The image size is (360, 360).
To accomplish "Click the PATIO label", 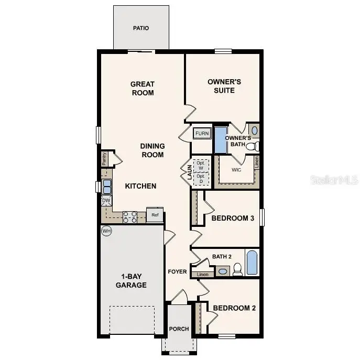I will click(141, 28).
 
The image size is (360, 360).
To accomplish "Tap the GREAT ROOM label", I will click(142, 88).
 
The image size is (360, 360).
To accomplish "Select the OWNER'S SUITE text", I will click(224, 86).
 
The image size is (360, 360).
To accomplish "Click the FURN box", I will click(202, 134).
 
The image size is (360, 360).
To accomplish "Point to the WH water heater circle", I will click(106, 231).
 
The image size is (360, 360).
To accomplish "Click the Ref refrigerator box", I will click(155, 215).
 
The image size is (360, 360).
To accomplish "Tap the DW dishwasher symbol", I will click(106, 200).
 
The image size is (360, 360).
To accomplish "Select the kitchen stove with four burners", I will click(130, 217).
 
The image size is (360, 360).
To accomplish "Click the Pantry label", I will click(105, 159).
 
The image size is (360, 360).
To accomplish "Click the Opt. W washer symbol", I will click(200, 165).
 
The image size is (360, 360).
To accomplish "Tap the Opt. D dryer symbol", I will click(200, 179).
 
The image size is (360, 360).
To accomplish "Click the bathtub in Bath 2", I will click(252, 263).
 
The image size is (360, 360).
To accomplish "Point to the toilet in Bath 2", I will click(237, 269).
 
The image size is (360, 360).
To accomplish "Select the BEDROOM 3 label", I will click(233, 218).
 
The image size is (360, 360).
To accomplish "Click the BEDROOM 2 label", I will click(234, 308).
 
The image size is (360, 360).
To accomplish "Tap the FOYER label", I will click(177, 271).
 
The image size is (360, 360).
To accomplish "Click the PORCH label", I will click(179, 329).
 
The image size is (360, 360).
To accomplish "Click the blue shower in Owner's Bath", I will click(221, 140).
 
